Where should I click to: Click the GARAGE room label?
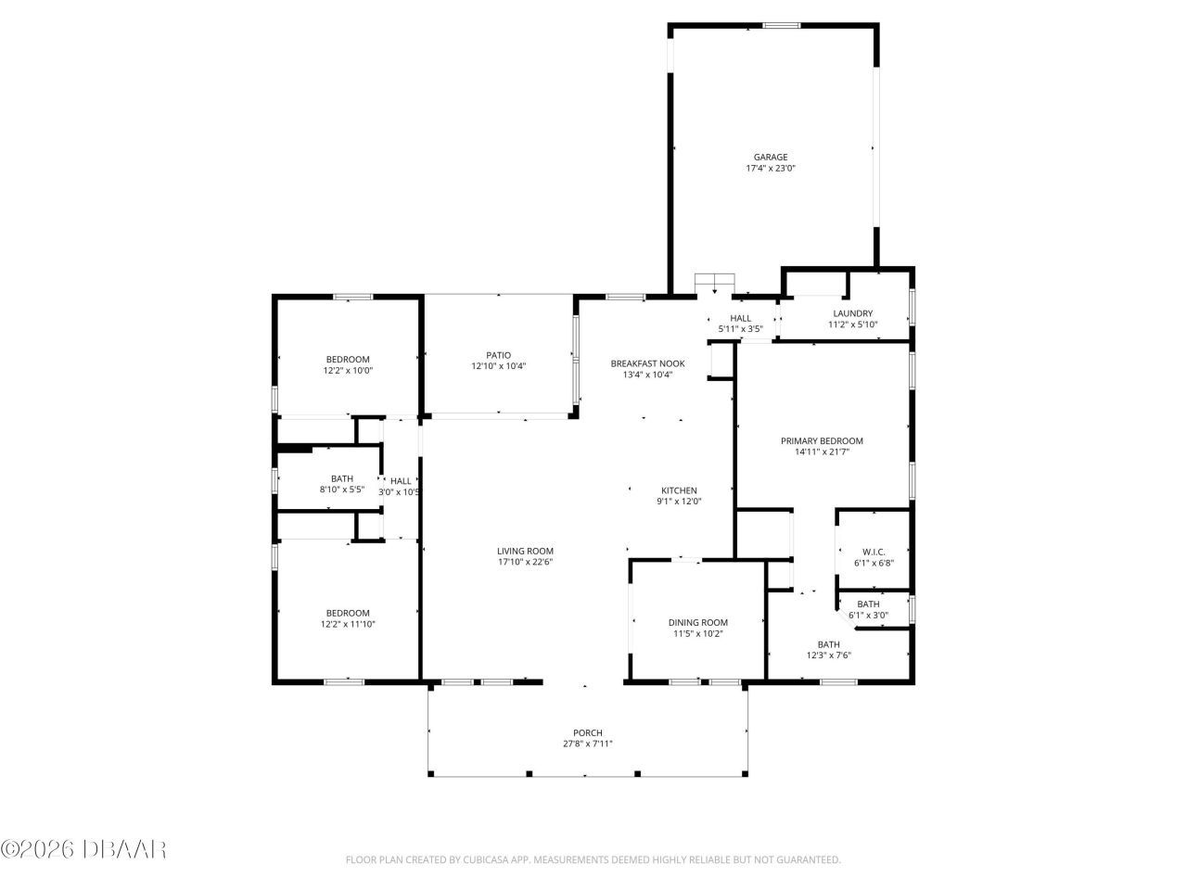771,157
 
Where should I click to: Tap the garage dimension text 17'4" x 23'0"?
771,169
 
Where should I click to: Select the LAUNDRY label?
852,313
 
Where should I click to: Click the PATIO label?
498,355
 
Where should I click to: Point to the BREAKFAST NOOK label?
647,363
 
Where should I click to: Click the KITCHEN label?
678,490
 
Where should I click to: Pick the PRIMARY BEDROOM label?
822,441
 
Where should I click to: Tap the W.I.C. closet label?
874,551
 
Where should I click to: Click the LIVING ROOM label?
525,551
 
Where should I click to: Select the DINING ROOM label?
697,622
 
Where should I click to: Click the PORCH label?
588,732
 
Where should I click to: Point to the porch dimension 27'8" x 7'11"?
588,744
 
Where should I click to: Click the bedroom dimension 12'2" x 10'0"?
348,371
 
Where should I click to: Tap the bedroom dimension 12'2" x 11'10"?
348,624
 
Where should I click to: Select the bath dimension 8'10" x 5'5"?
341,489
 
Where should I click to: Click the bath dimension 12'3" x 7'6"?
828,655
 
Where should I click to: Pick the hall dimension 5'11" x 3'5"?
740,329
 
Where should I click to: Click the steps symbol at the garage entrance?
715,281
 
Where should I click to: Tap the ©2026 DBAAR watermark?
83,848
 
